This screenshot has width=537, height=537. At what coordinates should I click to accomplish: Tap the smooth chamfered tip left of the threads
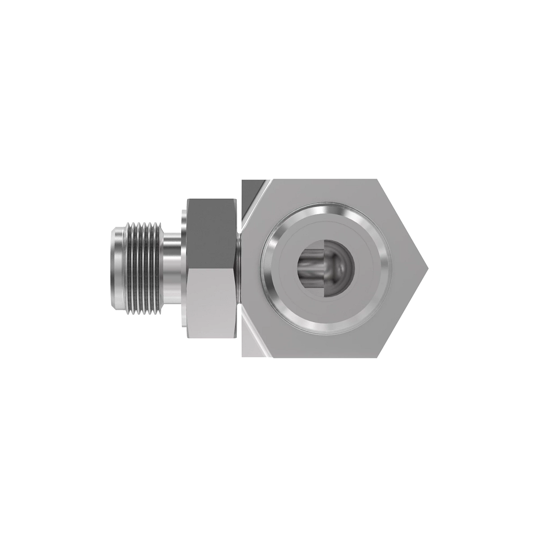tap(116, 268)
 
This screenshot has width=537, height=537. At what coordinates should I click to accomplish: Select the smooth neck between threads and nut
tap(172, 268)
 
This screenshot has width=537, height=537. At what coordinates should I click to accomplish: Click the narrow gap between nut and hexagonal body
tap(239, 268)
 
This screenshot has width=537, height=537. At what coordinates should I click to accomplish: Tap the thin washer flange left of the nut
tap(184, 268)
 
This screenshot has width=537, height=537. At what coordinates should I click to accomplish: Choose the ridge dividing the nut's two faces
tap(210, 268)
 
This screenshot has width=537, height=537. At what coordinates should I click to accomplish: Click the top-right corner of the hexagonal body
tap(378, 180)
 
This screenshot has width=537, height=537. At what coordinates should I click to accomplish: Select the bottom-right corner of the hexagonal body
tap(378, 357)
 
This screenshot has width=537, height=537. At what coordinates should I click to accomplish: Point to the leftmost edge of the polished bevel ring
tap(263, 268)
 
